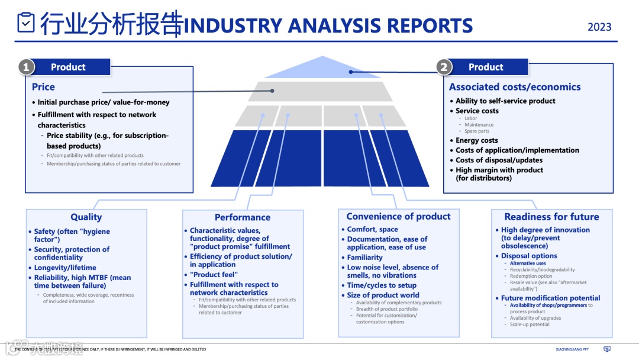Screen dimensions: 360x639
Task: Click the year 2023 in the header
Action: tap(599, 27)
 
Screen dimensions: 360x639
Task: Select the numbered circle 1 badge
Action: tap(26, 67)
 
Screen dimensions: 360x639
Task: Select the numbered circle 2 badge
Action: tap(444, 67)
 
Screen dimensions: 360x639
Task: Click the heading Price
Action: tap(43, 87)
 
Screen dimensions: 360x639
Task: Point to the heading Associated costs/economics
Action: tap(515, 87)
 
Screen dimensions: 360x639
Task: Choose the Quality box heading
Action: tap(86, 217)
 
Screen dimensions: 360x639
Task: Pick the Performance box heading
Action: tap(243, 217)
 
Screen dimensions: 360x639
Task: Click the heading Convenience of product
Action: tap(398, 217)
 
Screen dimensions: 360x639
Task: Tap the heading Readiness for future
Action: tap(551, 217)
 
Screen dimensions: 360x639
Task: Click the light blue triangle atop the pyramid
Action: tap(322, 69)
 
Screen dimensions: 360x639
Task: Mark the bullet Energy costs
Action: tap(477, 140)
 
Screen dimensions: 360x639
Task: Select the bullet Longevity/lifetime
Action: tap(65, 268)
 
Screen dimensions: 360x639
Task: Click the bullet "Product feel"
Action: tap(214, 275)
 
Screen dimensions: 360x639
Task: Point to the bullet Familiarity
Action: tap(365, 258)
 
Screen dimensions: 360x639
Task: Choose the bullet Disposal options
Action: tap(529, 256)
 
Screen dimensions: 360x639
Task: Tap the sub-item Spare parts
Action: tap(477, 131)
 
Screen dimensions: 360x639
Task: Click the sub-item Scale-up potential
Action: tap(530, 324)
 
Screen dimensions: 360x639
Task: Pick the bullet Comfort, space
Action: tap(372, 229)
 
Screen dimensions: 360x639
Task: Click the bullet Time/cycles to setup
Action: tap(382, 285)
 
